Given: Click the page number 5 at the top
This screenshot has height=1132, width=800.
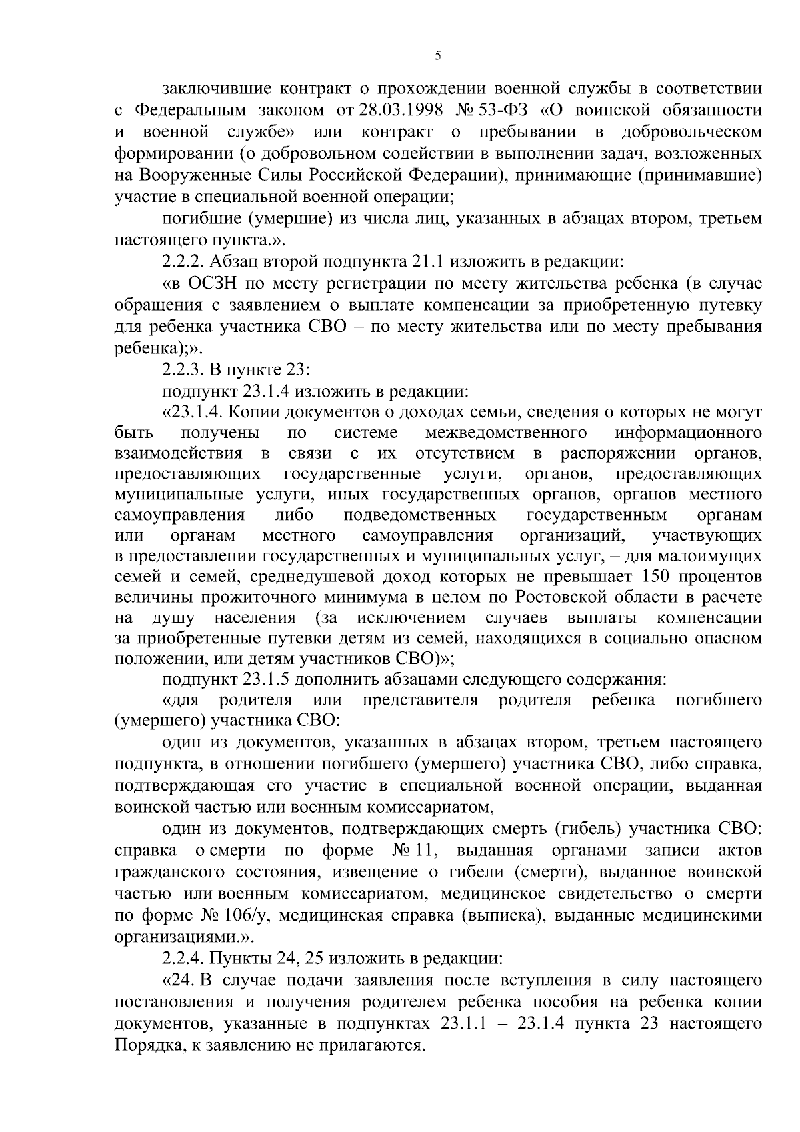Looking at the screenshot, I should tap(437, 56).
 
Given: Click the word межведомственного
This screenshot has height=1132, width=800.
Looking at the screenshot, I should tap(506, 433).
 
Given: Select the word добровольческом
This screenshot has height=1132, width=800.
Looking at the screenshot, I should tap(691, 131).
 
